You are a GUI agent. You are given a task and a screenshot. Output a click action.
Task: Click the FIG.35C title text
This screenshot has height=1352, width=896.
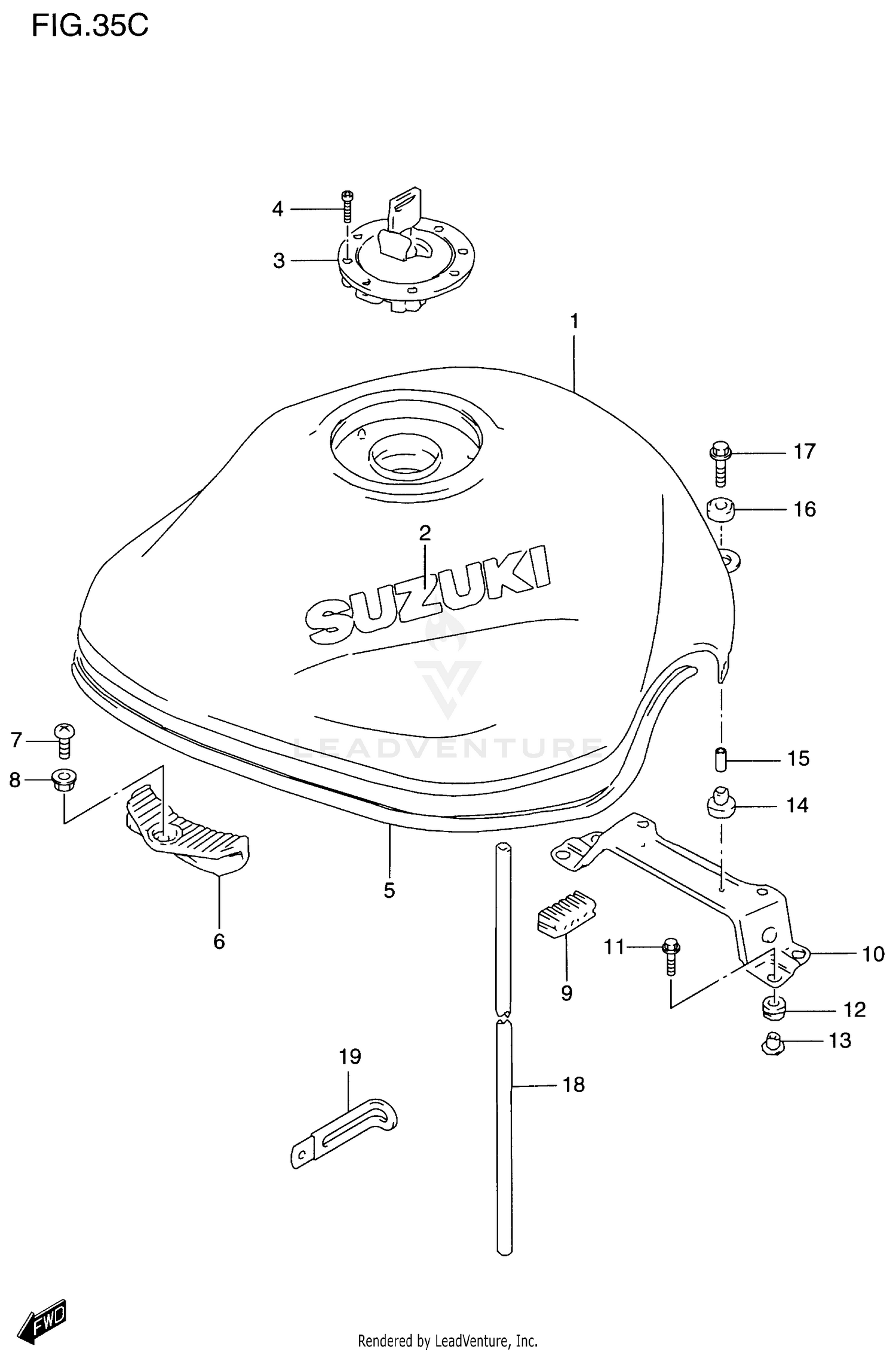pyautogui.click(x=90, y=26)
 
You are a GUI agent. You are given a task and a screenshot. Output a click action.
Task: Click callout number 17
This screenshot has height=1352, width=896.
pyautogui.click(x=804, y=452)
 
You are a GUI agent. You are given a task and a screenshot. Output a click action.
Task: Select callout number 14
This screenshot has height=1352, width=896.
pyautogui.click(x=797, y=806)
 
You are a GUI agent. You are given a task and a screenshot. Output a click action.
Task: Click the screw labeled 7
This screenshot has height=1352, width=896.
pyautogui.click(x=65, y=740)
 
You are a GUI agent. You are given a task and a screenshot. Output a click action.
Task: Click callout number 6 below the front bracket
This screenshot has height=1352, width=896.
pyautogui.click(x=219, y=942)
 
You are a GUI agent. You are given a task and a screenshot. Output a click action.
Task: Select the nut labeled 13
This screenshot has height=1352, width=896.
pyautogui.click(x=772, y=1043)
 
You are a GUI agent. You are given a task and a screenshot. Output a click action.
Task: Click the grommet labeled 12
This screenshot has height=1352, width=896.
pyautogui.click(x=773, y=1009)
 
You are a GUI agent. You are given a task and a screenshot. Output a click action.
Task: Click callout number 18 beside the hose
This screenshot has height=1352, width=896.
pyautogui.click(x=573, y=1085)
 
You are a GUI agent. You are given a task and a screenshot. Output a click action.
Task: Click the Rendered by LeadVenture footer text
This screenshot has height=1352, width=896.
pyautogui.click(x=447, y=1341)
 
